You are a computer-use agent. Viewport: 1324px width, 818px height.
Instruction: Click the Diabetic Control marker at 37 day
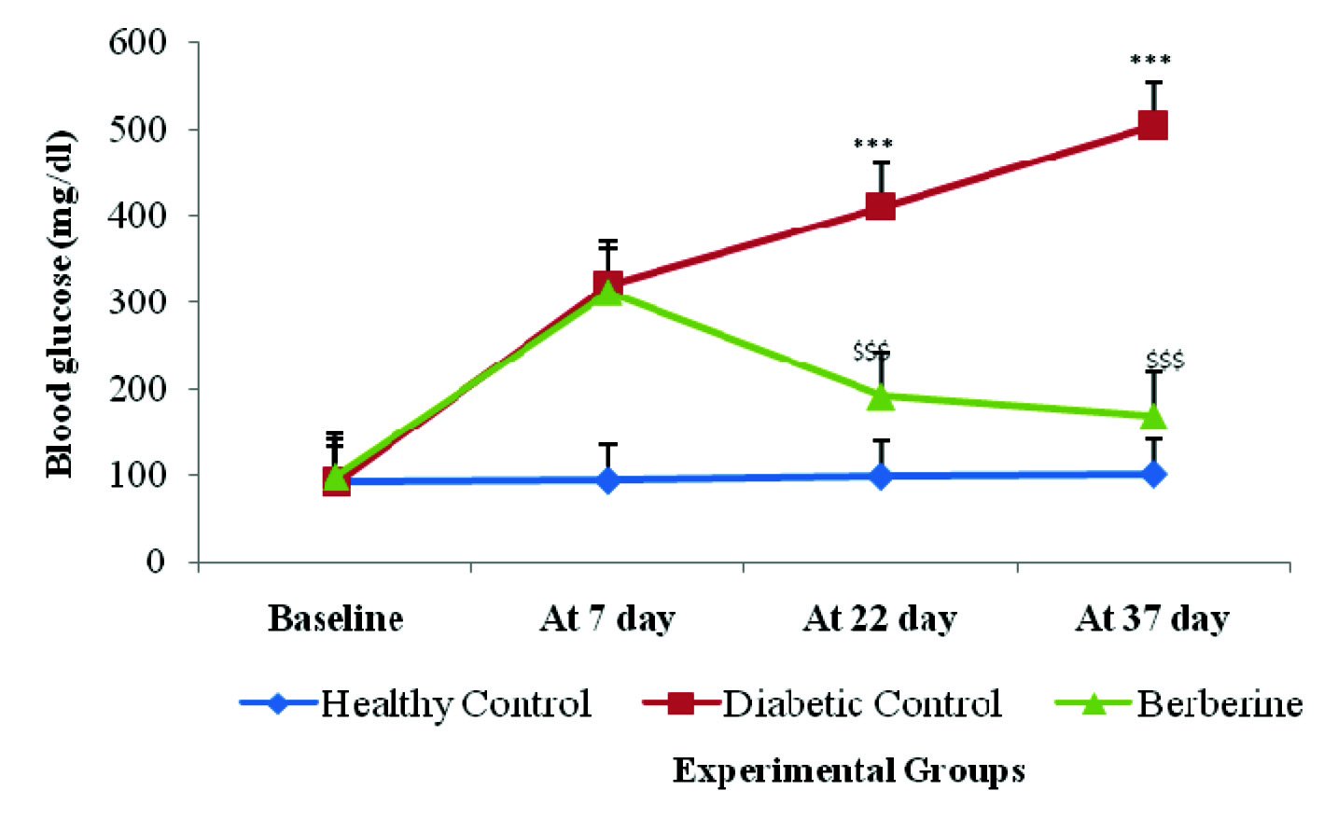click(1153, 125)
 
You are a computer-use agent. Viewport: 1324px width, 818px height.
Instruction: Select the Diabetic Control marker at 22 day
click(880, 206)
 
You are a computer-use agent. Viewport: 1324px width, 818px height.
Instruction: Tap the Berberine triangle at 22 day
click(880, 396)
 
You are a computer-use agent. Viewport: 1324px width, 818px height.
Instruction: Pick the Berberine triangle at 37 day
click(1153, 416)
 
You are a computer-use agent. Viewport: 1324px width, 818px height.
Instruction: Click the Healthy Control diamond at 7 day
click(607, 480)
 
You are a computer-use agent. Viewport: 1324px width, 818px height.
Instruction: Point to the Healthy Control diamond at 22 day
click(880, 477)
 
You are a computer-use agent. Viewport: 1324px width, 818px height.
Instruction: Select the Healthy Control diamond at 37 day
click(1153, 474)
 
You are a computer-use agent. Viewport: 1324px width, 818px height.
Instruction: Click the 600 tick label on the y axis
click(137, 43)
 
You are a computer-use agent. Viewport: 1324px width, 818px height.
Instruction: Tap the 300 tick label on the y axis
click(137, 302)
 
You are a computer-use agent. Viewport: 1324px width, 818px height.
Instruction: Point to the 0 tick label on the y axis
click(155, 562)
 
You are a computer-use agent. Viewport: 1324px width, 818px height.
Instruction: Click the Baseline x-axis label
click(335, 618)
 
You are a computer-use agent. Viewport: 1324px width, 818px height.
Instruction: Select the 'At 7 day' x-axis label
click(607, 618)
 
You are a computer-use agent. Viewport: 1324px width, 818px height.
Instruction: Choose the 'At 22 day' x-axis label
click(880, 618)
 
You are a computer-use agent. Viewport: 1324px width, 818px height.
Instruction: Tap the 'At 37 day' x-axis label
click(1152, 618)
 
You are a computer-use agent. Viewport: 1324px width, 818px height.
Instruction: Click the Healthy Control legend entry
click(416, 703)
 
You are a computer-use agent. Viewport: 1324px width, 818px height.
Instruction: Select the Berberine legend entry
click(1180, 703)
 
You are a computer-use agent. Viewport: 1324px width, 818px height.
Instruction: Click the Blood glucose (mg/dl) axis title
click(60, 304)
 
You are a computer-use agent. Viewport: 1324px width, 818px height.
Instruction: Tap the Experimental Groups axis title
click(848, 771)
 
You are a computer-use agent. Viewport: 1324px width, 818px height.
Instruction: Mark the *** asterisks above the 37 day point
click(1150, 62)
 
